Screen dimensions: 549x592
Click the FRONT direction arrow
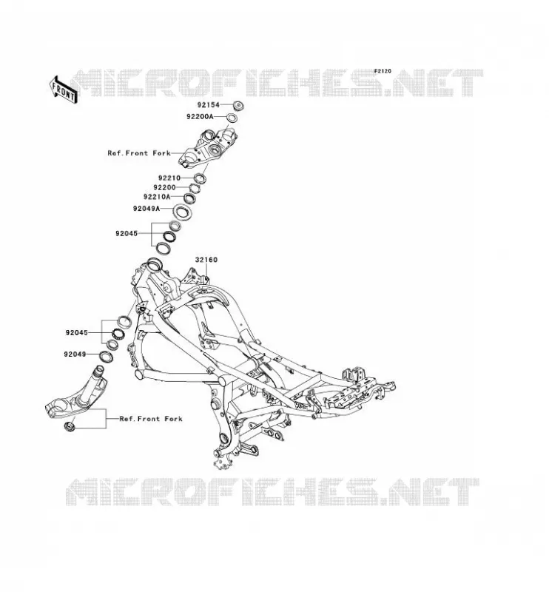[x=64, y=90]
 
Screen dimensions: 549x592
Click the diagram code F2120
[x=383, y=71]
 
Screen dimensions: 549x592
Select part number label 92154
[x=208, y=104]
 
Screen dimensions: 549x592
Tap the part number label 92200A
[x=200, y=117]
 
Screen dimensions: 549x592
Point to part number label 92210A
[x=157, y=197]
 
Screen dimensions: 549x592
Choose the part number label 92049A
[x=146, y=209]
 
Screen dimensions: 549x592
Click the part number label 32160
[x=206, y=260]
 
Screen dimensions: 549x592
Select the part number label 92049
[x=75, y=354]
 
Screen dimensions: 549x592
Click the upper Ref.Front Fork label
[x=139, y=153]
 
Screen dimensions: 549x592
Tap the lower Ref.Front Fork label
[x=151, y=419]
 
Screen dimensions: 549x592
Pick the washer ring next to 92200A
[x=232, y=118]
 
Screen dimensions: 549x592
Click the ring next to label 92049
[x=106, y=356]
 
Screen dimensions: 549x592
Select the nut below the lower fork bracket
[x=70, y=426]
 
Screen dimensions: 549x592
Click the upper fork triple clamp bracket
[x=208, y=147]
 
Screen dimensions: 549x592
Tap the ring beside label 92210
[x=200, y=178]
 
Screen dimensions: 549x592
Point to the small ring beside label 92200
[x=194, y=188]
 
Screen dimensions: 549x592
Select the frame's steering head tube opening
[x=153, y=263]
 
